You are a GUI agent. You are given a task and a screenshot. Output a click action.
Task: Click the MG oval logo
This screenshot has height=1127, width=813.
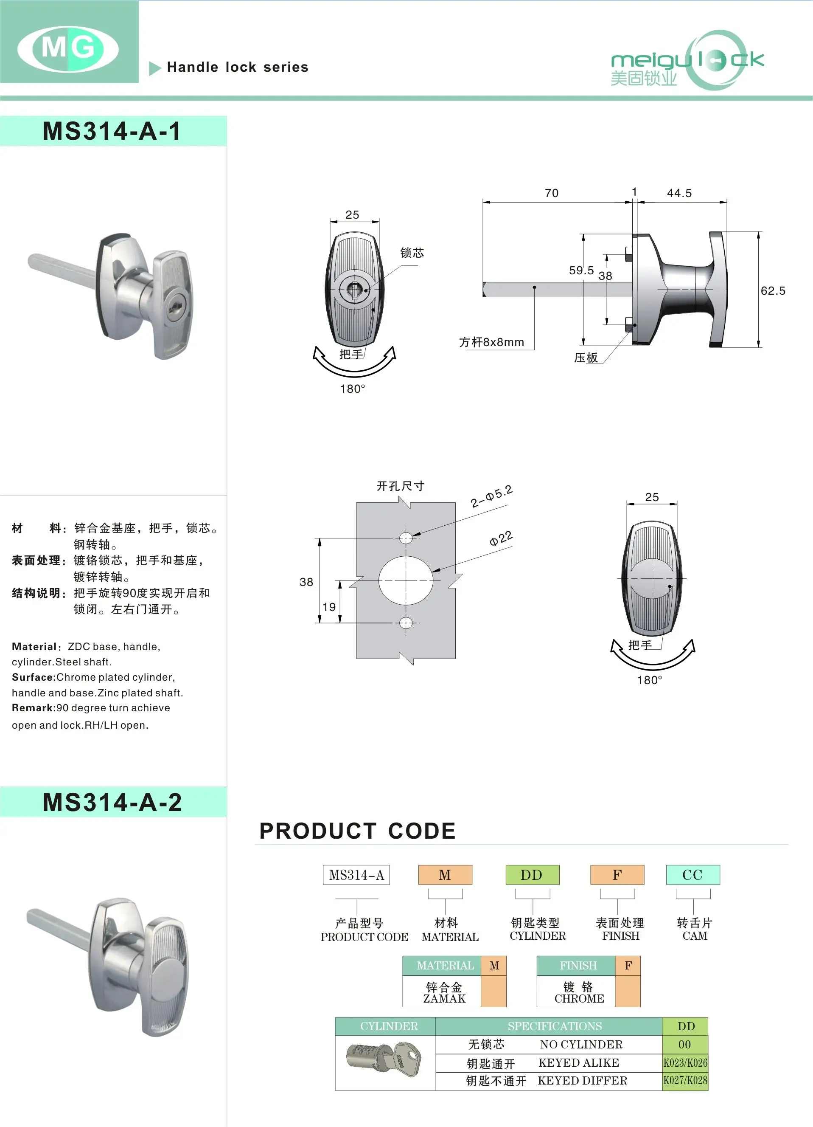pos(68,48)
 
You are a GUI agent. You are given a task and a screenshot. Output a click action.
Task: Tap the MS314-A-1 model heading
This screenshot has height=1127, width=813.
pos(112,131)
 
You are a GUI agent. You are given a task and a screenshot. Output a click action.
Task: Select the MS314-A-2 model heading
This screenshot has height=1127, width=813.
pos(112,802)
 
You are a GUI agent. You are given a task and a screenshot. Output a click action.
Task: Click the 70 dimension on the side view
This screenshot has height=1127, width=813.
pos(551,193)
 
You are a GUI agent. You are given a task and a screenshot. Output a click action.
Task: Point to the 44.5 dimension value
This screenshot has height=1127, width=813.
pos(679,193)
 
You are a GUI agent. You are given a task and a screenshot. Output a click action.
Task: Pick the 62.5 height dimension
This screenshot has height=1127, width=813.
pos(773,291)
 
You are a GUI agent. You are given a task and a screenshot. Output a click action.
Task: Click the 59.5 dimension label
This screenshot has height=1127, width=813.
pos(581,270)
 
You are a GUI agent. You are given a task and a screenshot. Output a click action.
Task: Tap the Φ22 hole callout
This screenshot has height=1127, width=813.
pos(501,538)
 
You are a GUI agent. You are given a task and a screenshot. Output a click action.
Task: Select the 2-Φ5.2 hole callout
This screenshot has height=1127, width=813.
pos(491,496)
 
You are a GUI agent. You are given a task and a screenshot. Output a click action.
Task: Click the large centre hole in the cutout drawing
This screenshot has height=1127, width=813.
pos(406,580)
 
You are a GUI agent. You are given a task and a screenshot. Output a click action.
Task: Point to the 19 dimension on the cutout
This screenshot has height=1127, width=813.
pos(329,607)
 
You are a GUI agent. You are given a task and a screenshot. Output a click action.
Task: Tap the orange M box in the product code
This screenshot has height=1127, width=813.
pos(445,875)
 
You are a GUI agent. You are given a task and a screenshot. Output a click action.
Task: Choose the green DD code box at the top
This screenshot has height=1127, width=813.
pos(532,875)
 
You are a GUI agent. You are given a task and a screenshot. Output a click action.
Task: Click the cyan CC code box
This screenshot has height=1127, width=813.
pos(692,875)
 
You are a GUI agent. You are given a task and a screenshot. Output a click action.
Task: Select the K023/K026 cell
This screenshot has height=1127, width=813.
pos(685,1063)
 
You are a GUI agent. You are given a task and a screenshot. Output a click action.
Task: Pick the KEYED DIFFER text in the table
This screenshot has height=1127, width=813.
pos(582,1081)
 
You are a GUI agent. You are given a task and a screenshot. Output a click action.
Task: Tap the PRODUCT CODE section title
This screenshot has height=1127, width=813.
pos(357,831)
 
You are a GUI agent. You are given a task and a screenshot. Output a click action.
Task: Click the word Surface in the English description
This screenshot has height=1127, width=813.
pos(33,677)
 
